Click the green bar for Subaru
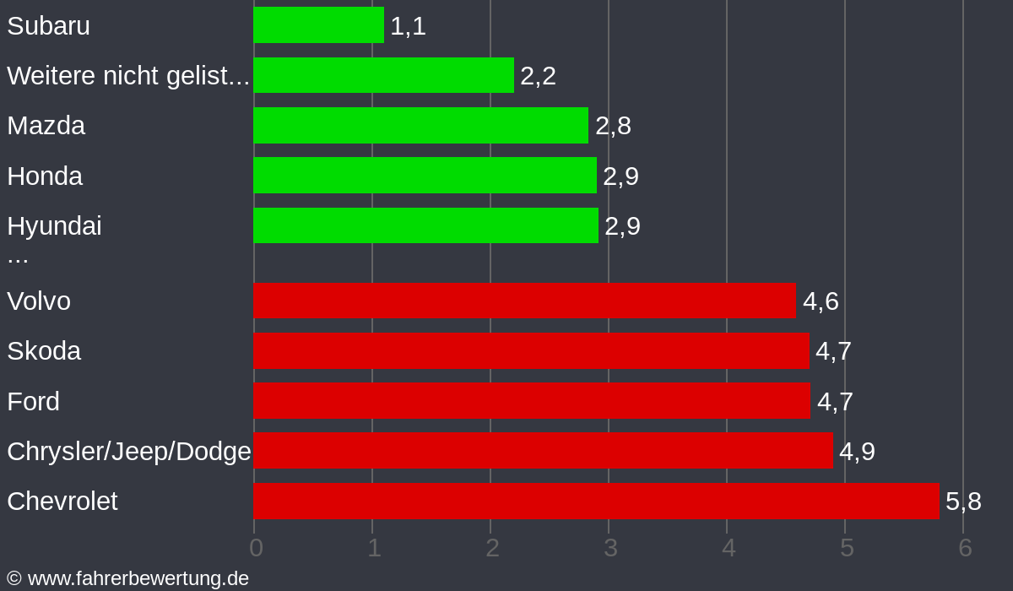[318, 24]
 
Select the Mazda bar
[420, 125]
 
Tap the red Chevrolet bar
[596, 501]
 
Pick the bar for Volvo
[524, 301]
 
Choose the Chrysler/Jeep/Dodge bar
[543, 451]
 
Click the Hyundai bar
[425, 225]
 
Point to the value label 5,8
[963, 502]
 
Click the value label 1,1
[408, 26]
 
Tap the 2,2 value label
[538, 76]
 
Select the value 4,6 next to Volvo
[821, 301]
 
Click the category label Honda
[45, 176]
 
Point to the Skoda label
[44, 350]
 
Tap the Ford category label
[33, 401]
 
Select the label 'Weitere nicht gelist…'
[128, 76]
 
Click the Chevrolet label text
[62, 501]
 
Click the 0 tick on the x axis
[256, 548]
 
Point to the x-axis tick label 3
[610, 548]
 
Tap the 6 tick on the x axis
[965, 548]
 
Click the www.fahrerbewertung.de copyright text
[127, 578]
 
